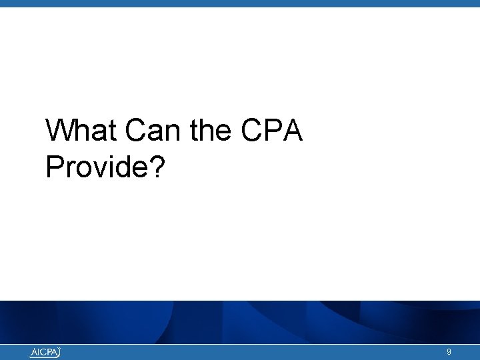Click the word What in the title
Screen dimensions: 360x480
[x=81, y=131]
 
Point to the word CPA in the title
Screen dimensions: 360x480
[x=272, y=131]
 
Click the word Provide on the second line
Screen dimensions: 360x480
[x=97, y=167]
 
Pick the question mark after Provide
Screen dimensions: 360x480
[x=157, y=167]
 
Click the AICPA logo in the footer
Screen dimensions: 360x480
[x=45, y=353]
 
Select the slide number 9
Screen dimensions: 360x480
[x=449, y=352]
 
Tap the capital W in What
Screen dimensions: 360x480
[x=60, y=131]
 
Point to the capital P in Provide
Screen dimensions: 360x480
[x=54, y=167]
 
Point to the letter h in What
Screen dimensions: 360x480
[x=82, y=131]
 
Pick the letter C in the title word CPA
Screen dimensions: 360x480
[x=251, y=131]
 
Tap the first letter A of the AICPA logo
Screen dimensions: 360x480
[x=33, y=353]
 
